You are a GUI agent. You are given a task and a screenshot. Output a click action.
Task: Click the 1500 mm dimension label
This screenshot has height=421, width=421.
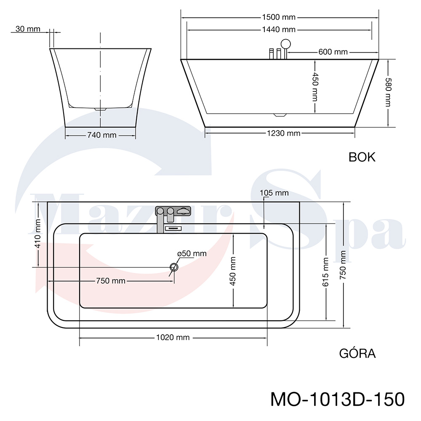pyautogui.click(x=279, y=17)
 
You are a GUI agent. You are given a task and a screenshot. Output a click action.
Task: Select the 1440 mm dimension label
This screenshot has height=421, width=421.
pyautogui.click(x=279, y=29)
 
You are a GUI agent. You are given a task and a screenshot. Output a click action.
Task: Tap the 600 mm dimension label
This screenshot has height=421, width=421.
pyautogui.click(x=333, y=51)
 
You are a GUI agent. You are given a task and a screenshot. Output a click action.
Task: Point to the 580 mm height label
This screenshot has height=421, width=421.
pyautogui.click(x=388, y=92)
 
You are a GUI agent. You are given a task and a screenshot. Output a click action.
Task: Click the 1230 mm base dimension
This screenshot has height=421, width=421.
pyautogui.click(x=283, y=133)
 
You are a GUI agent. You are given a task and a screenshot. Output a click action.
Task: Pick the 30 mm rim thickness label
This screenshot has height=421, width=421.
pyautogui.click(x=28, y=29)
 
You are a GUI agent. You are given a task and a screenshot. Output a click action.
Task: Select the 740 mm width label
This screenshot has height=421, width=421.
pyautogui.click(x=102, y=135)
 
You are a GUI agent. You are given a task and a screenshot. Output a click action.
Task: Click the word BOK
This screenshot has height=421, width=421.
pyautogui.click(x=362, y=157)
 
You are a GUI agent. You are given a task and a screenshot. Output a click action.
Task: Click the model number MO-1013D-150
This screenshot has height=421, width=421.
pyautogui.click(x=338, y=399)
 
